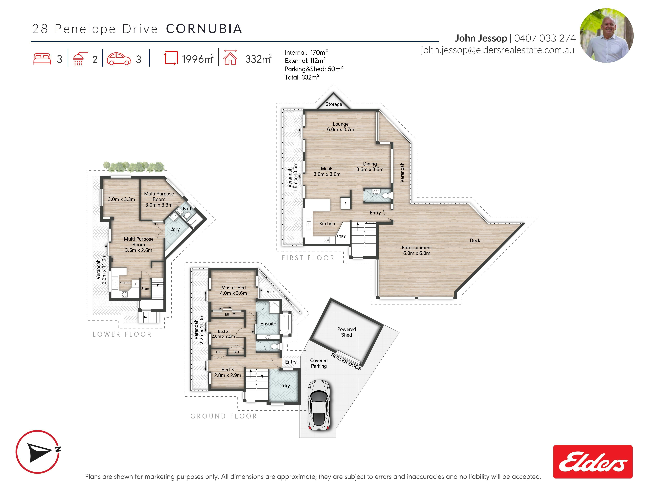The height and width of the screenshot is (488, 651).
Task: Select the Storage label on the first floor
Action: pos(333,104)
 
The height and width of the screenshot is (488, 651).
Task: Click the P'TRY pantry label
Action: pos(341,236)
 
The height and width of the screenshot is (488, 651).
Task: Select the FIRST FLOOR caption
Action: pos(308,258)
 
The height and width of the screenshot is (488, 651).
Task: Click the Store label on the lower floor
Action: pos(146,289)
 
